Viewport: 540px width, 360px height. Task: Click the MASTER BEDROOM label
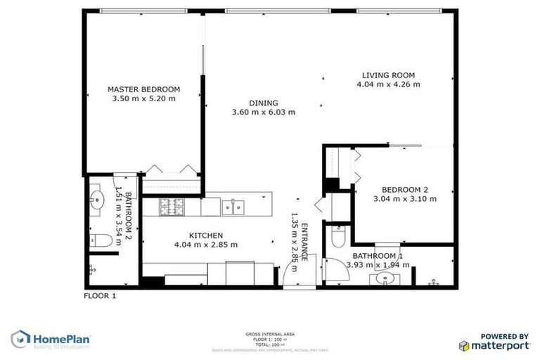[143, 89]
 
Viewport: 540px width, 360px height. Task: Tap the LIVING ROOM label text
[388, 75]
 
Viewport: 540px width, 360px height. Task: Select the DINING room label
[264, 103]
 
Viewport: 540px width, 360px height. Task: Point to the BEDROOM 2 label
[405, 189]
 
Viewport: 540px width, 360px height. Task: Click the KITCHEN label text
[206, 236]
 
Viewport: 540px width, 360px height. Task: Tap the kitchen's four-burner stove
[172, 207]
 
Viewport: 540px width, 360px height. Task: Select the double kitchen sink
[233, 207]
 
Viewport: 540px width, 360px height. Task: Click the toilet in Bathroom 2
[101, 241]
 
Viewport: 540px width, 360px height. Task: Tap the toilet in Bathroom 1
[336, 237]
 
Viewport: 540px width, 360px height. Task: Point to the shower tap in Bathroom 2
[91, 268]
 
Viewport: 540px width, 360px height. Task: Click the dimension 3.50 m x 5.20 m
[143, 99]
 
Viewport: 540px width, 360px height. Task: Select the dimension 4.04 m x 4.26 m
[388, 84]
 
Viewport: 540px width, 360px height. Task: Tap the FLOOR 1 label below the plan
[100, 296]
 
